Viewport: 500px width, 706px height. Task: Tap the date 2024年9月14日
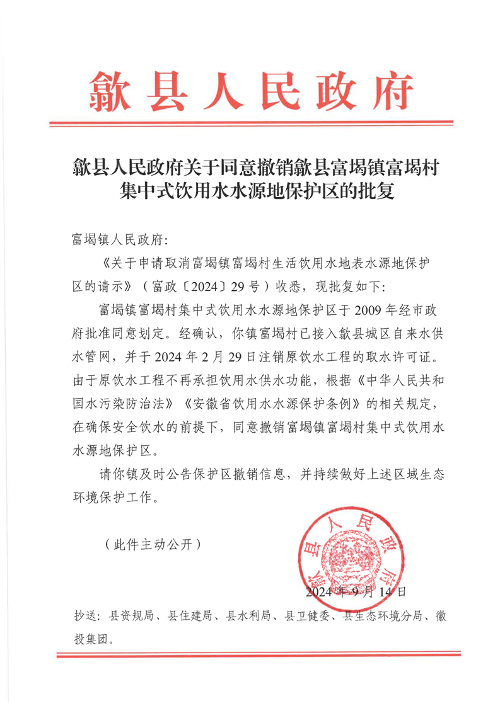click(x=355, y=592)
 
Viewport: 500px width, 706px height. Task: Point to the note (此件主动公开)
click(x=153, y=543)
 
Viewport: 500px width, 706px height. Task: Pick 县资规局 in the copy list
click(x=131, y=617)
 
